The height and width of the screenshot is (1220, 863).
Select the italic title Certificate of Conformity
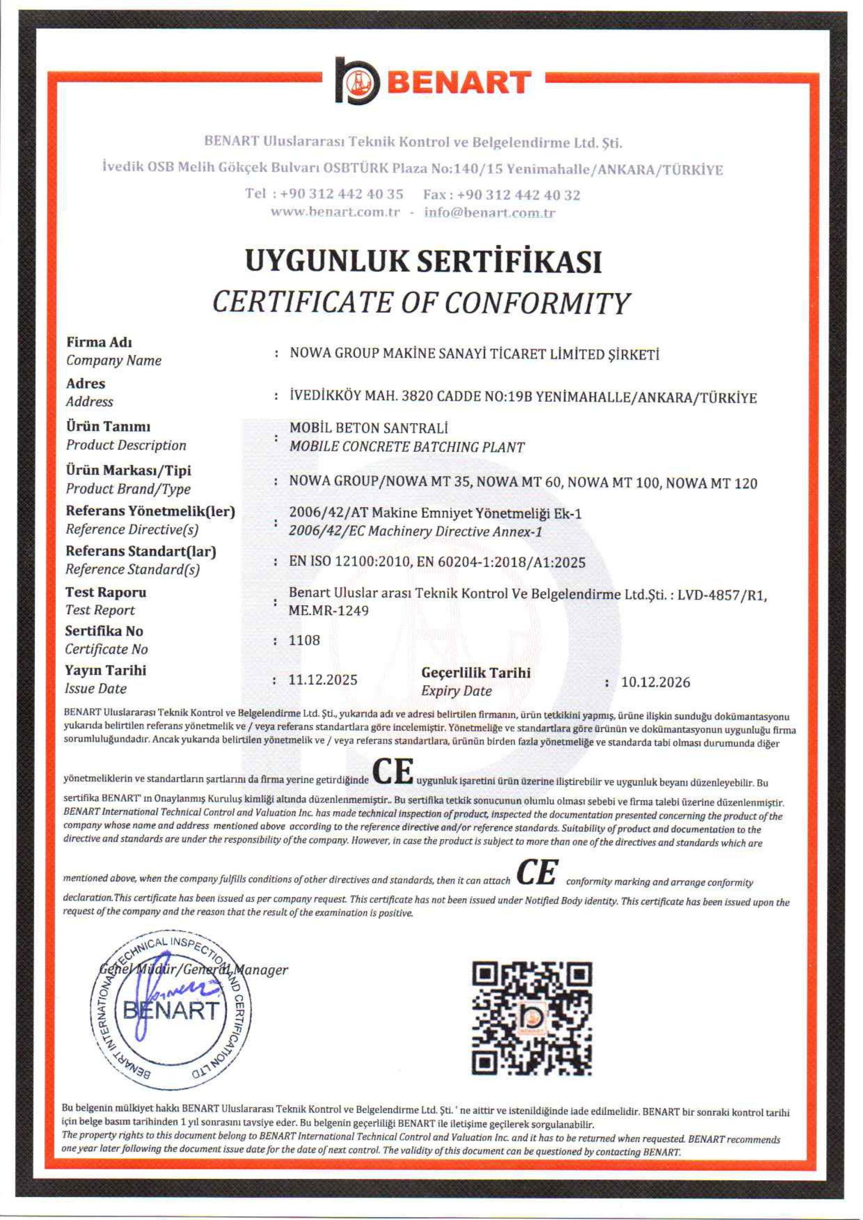pyautogui.click(x=420, y=304)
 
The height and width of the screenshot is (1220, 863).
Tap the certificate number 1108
pyautogui.click(x=305, y=640)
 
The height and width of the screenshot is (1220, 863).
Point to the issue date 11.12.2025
pyautogui.click(x=323, y=680)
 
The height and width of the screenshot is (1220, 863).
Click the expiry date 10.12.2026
pyautogui.click(x=656, y=682)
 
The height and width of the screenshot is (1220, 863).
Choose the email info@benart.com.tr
pyautogui.click(x=489, y=213)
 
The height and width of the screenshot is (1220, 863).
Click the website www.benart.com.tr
pyautogui.click(x=335, y=212)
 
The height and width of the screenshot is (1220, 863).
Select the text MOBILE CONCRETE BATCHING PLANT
pyautogui.click(x=407, y=447)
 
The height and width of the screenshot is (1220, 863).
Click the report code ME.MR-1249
pyautogui.click(x=329, y=611)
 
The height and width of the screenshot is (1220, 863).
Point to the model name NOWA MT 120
pyautogui.click(x=711, y=484)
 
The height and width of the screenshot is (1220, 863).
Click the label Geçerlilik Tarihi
pyautogui.click(x=476, y=673)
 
